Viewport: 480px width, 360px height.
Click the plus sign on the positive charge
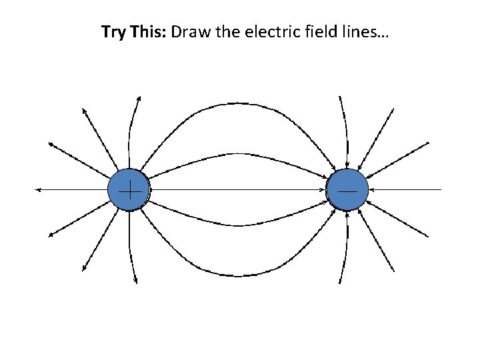pyautogui.click(x=129, y=190)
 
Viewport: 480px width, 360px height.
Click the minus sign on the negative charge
pyautogui.click(x=347, y=190)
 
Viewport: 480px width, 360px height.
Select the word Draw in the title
pyautogui.click(x=189, y=32)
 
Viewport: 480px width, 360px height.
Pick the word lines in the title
pyautogui.click(x=349, y=32)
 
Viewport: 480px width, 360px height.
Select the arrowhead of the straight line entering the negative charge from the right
pyautogui.click(x=370, y=190)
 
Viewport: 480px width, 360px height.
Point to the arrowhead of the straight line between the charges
pyautogui.click(x=324, y=190)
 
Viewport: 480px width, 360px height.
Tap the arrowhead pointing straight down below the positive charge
pyautogui.click(x=136, y=281)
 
